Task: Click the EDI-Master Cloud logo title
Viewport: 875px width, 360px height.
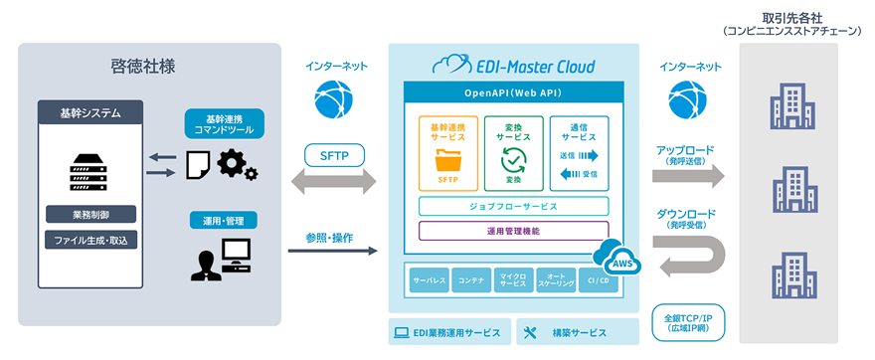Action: point(514,67)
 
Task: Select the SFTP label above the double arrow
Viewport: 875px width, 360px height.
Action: point(333,155)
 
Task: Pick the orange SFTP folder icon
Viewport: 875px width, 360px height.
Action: point(447,158)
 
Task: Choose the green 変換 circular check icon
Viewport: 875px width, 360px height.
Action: point(514,157)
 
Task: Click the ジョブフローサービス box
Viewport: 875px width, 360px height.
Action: point(514,207)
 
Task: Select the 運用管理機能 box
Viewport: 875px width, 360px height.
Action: point(514,231)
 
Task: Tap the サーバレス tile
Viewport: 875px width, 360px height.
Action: point(429,281)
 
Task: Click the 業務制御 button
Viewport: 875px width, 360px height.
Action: point(90,214)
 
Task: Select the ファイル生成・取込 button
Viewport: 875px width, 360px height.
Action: point(90,240)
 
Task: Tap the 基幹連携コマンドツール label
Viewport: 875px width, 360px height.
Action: point(224,123)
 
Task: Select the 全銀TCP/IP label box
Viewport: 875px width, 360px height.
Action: point(687,321)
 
